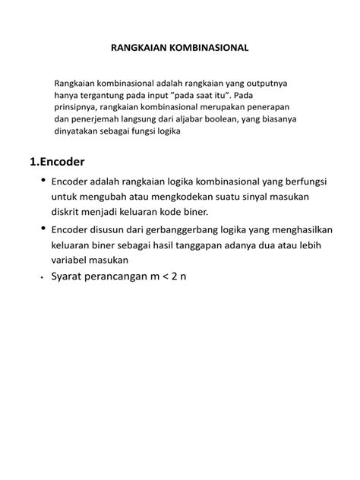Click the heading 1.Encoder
tap(58, 162)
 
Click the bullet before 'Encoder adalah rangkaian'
tap(42, 181)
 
